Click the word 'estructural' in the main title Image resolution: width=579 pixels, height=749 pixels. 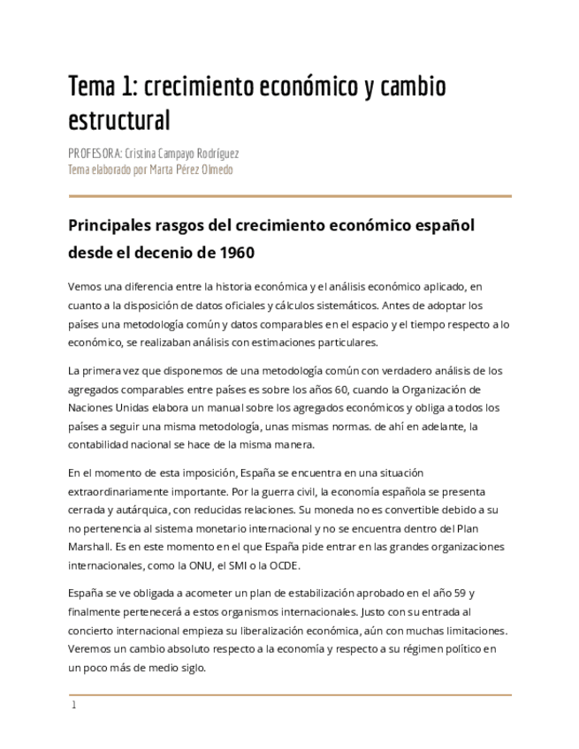coord(118,119)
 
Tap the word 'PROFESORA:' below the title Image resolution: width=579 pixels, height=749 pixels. coord(95,153)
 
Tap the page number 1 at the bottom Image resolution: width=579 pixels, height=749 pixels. coord(74,705)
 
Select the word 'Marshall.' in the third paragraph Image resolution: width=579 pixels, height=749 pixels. coord(92,548)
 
